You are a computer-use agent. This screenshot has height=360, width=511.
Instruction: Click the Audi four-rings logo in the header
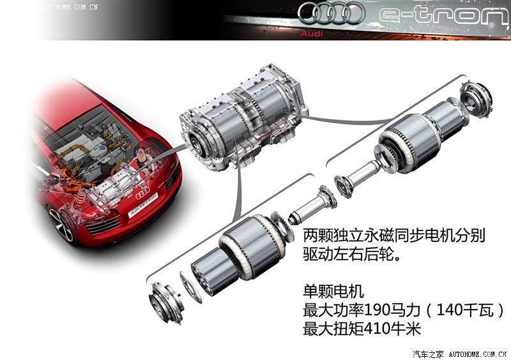point(330,13)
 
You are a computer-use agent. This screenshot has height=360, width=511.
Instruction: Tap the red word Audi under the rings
point(312,33)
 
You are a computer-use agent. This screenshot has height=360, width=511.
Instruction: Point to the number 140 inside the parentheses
point(448,310)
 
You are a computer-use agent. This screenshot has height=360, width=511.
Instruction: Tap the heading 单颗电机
point(333,291)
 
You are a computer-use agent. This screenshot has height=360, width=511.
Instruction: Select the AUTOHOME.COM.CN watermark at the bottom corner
point(478,354)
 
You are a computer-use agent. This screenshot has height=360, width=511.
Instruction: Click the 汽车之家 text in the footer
point(428,354)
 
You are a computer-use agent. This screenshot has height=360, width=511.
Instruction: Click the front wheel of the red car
point(61,225)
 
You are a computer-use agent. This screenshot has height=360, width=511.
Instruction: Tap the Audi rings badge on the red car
point(142,193)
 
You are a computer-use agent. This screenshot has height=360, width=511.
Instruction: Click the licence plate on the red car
point(142,205)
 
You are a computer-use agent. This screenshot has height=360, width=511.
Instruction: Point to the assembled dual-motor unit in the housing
point(243,118)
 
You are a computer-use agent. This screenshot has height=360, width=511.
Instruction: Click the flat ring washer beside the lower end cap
point(190,287)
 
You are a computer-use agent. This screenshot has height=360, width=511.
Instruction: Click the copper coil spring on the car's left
point(80,197)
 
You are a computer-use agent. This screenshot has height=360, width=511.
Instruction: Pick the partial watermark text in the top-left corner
point(72,7)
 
